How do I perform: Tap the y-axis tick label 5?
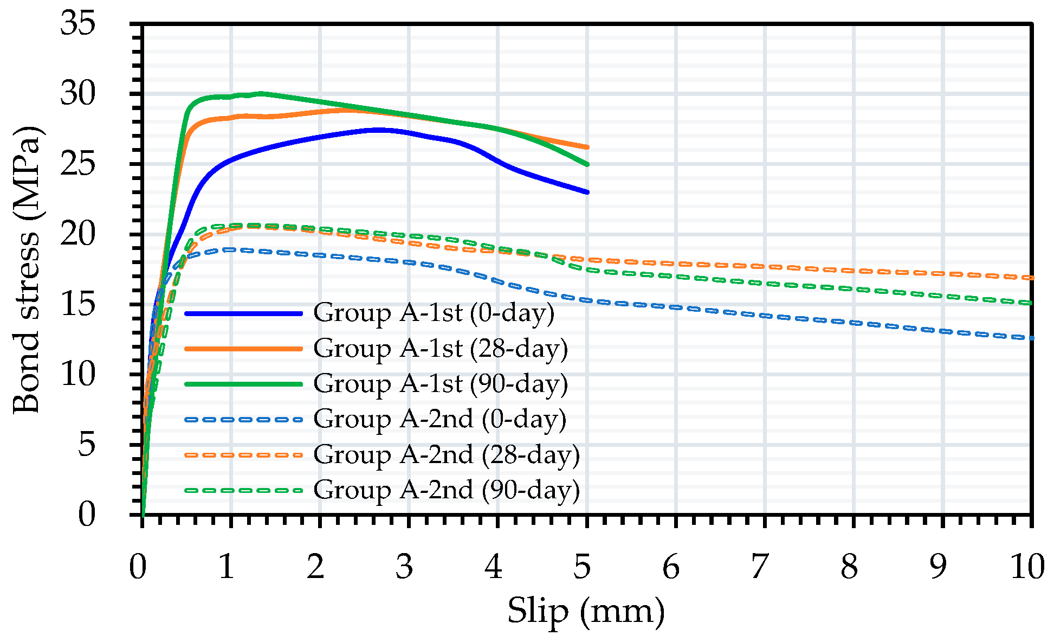pos(87,445)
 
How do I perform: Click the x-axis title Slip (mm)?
pos(586,612)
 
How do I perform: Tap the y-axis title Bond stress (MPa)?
pos(27,269)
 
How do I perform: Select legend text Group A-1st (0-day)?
pos(434,313)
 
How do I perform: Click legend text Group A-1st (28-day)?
pos(440,349)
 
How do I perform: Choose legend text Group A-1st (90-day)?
pos(440,384)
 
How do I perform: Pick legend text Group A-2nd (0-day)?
pos(439,419)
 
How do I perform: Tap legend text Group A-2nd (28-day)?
pos(446,454)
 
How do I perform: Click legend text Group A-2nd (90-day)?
pos(446,490)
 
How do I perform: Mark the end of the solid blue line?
pos(587,192)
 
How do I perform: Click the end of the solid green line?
pos(587,164)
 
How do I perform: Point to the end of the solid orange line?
pos(587,147)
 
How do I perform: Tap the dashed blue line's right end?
pos(1031,338)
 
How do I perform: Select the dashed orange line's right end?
pos(1031,278)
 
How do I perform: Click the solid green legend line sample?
pos(243,384)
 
